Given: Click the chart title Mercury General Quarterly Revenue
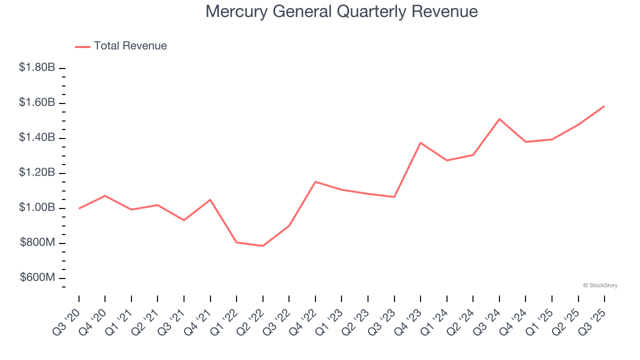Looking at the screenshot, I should [341, 11].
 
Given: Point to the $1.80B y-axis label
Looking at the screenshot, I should [37, 67].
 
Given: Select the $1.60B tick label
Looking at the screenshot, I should [37, 102].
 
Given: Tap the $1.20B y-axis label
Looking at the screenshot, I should [37, 173].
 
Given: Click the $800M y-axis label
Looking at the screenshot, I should [37, 243].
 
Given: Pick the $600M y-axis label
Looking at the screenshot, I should [37, 278].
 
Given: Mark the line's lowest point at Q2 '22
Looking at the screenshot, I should [262, 246].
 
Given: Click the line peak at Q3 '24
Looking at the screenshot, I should [499, 119].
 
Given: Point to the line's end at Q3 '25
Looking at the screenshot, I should [604, 106].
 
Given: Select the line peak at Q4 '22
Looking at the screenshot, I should [315, 181].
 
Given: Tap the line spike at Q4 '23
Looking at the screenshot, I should [420, 142].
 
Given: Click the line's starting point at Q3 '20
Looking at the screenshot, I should [79, 208].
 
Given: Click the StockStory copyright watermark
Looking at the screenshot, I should [600, 285].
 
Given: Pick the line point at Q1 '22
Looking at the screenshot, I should [236, 242].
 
